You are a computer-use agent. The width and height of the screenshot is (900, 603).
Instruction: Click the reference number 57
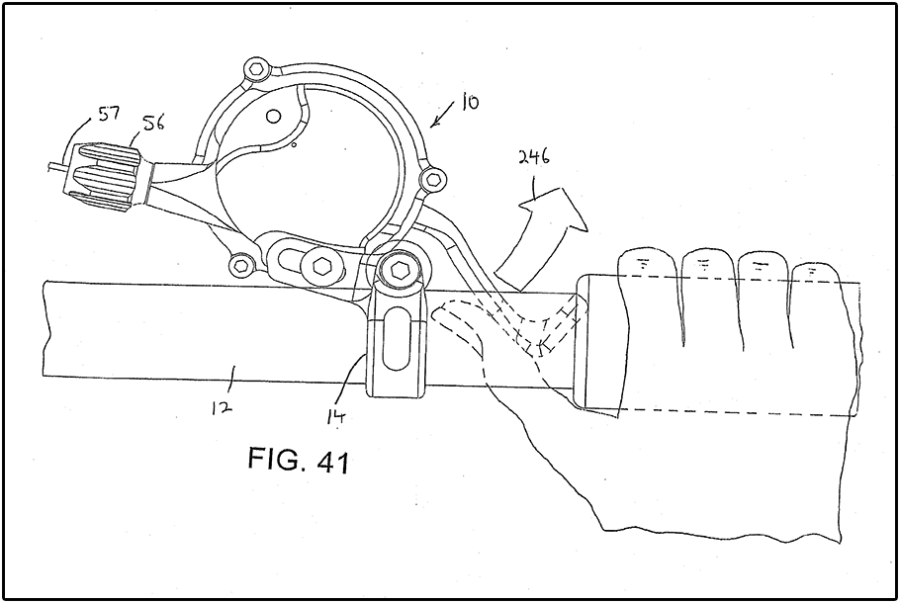click(x=108, y=113)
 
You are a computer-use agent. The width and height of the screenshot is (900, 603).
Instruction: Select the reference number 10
click(x=469, y=104)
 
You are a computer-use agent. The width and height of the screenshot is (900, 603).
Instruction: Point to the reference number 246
click(x=533, y=156)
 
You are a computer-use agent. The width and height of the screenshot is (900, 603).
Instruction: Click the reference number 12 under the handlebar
click(x=222, y=407)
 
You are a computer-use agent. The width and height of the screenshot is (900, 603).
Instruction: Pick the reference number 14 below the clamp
click(x=336, y=416)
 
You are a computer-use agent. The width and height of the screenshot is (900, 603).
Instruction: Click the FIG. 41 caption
click(x=299, y=459)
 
